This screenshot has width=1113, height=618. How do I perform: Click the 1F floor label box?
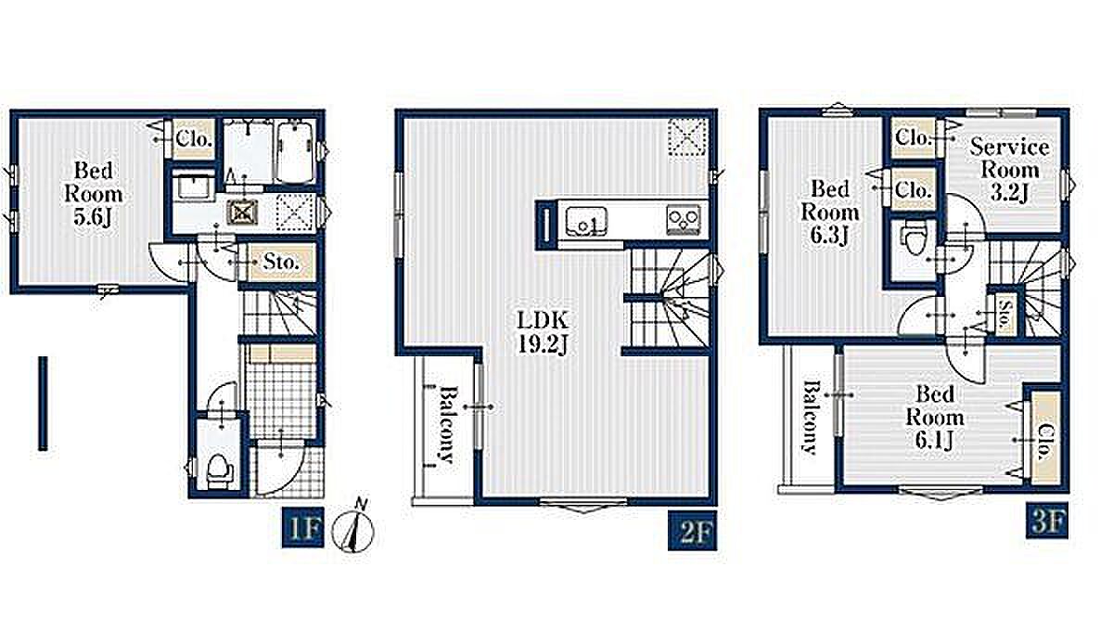302,527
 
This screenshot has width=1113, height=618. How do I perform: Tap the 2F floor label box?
692,531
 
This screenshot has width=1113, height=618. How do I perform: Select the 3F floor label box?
1047,521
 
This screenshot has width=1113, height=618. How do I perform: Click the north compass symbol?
353,529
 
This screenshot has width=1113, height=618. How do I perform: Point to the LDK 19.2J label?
543,332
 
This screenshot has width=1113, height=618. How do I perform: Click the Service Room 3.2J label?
1010,170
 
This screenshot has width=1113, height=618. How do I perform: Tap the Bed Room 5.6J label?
94,193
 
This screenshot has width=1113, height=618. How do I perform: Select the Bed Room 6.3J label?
830,212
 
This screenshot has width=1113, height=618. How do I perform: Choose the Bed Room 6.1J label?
935,418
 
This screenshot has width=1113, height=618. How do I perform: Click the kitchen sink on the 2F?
586,221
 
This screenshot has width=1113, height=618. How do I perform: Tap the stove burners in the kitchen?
684,219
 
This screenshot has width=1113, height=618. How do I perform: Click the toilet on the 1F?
219,469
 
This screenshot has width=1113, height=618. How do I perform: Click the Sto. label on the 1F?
281,262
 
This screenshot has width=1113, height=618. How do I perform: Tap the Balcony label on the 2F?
447,424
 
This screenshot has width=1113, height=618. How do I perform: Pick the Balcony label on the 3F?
811,418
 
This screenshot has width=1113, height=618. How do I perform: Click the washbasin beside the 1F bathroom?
193,186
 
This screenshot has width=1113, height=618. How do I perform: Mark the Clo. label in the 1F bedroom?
193,139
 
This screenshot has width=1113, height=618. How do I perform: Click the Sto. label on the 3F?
1004,315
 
